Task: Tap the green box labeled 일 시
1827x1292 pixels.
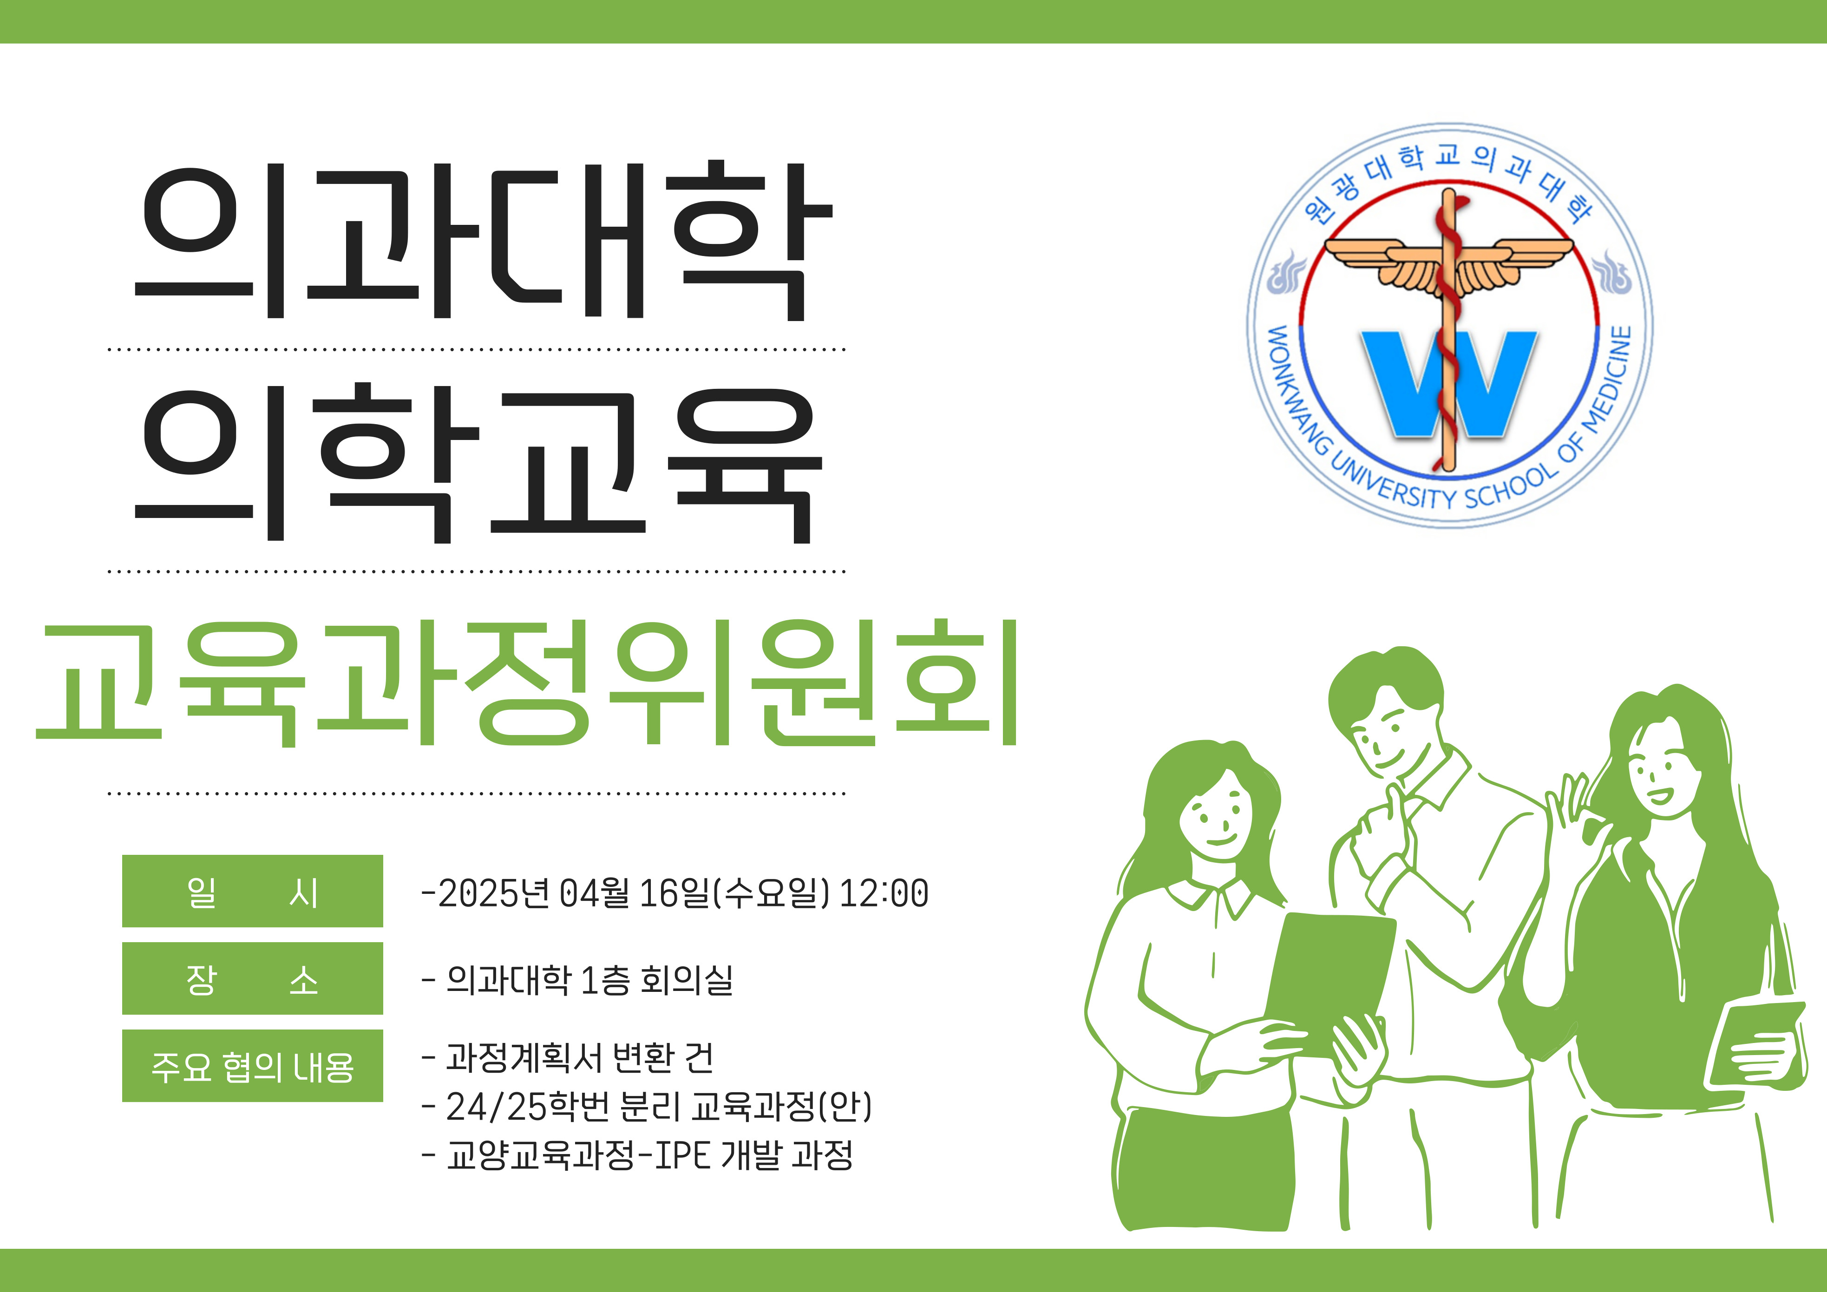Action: tap(252, 891)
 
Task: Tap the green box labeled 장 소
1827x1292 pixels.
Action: tap(252, 978)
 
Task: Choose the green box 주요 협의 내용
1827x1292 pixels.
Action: tap(252, 1066)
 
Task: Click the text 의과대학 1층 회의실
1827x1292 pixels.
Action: tap(589, 980)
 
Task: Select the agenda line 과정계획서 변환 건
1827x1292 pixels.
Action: tap(579, 1058)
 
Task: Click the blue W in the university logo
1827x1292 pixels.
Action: tap(1449, 384)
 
